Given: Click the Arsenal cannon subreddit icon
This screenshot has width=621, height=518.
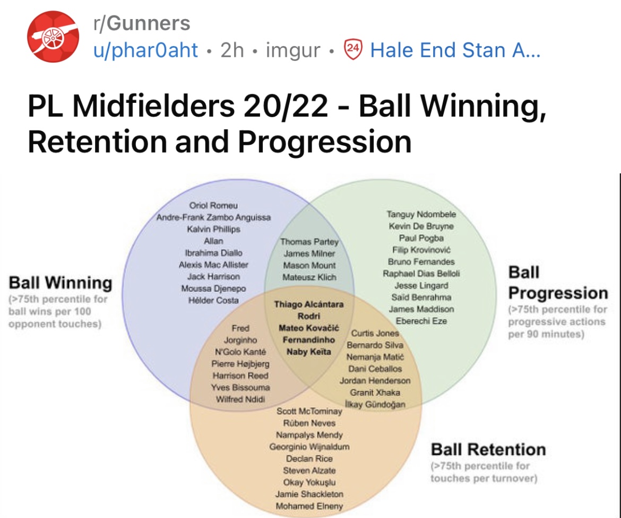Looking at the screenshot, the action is (53, 37).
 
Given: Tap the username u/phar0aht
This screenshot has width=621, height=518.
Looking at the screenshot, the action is (145, 50).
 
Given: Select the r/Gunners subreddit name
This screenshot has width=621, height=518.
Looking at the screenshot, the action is (142, 23).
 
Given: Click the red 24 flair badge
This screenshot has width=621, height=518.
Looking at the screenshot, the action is (353, 49).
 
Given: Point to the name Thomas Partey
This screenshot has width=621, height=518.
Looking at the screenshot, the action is (309, 242).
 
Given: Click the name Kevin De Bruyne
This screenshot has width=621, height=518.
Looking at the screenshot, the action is (421, 226).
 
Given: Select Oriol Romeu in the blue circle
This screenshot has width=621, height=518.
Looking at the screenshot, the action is (213, 205).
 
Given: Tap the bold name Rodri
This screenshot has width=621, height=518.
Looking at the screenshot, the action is (308, 316).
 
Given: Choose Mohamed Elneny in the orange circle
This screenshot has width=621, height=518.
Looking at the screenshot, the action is (309, 506).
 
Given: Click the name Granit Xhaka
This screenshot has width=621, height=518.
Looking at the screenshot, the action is (375, 392).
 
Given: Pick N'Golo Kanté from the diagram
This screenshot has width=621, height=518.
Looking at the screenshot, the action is (240, 352).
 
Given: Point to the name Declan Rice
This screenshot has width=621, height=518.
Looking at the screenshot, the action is (309, 459).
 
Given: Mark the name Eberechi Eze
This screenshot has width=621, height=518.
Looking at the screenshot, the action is (421, 321).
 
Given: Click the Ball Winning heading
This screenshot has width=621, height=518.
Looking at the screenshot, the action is (61, 283).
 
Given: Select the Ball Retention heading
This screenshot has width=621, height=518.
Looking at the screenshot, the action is (488, 450).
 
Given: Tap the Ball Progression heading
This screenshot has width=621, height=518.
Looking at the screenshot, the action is (558, 283).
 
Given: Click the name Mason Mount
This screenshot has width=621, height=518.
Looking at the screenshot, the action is (309, 266).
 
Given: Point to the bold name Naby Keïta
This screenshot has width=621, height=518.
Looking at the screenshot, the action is (308, 352).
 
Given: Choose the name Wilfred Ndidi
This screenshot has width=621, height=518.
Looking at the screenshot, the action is (240, 399).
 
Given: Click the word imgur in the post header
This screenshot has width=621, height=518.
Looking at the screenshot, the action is (292, 50).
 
